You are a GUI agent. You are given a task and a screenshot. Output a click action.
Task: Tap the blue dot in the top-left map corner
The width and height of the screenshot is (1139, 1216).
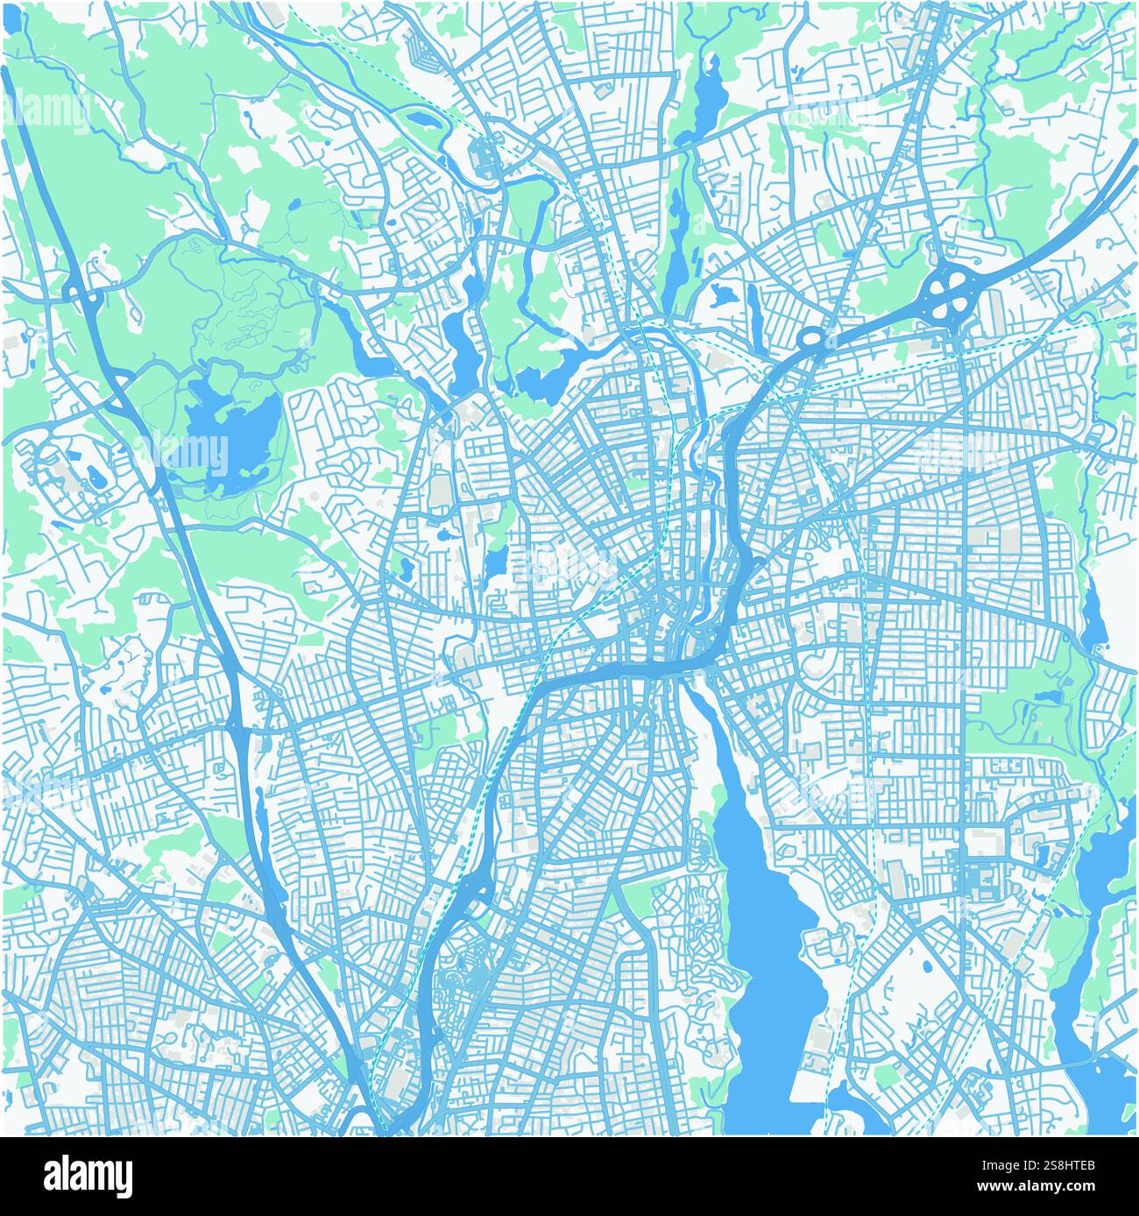click(12, 21)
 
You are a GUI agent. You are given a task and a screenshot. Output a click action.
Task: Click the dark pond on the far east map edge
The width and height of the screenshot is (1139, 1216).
click(1092, 619)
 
